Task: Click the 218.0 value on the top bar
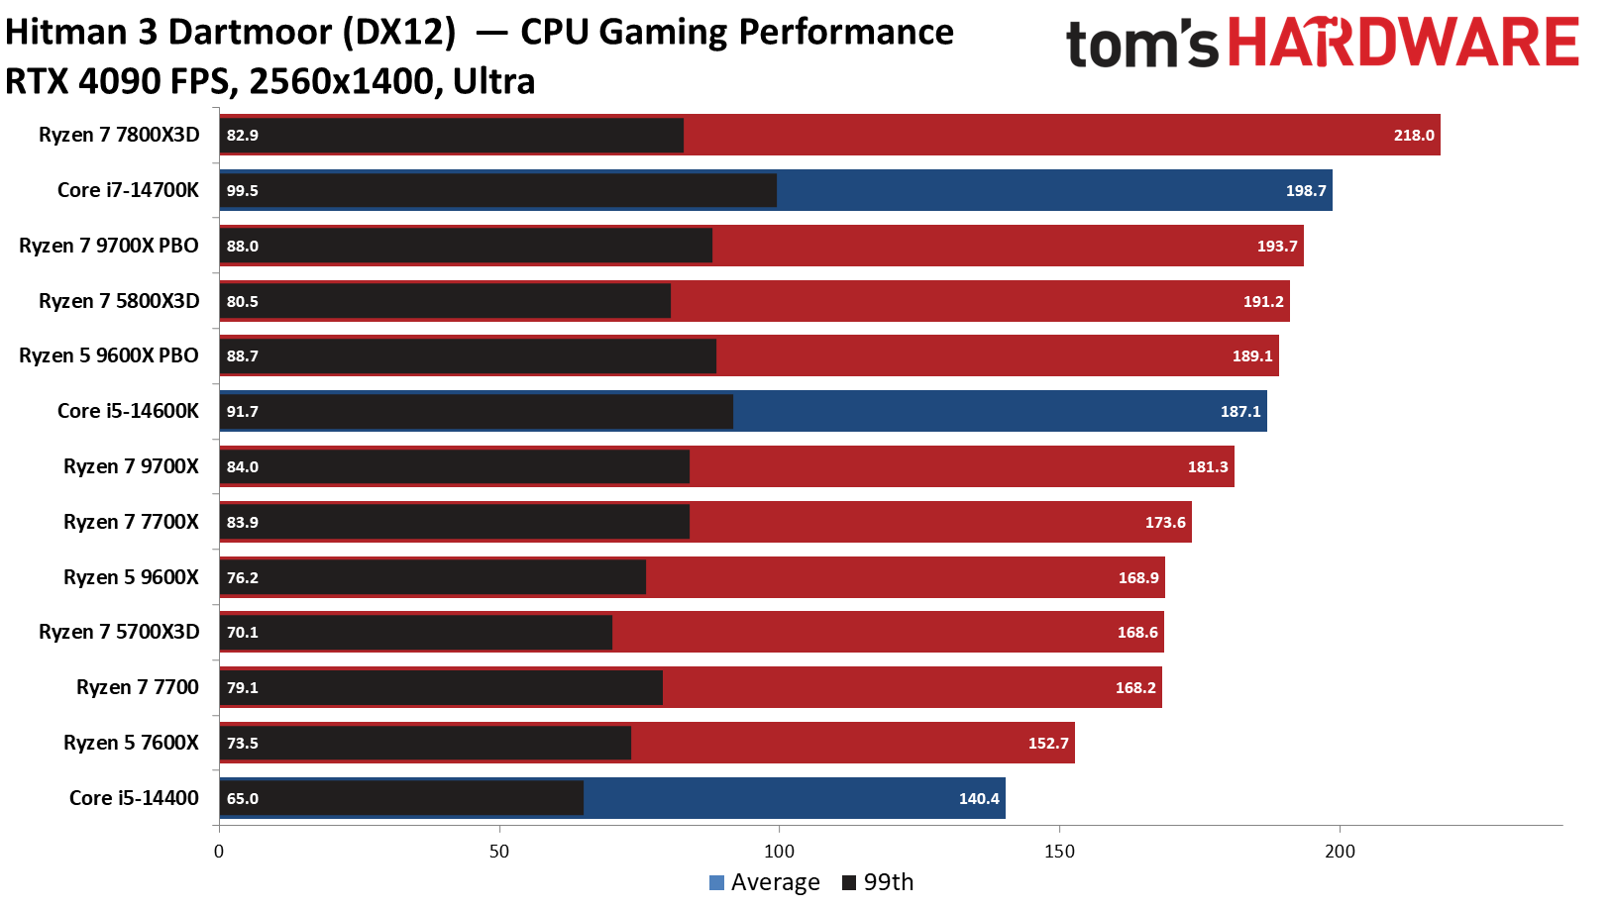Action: pyautogui.click(x=1413, y=136)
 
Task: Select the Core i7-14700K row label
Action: pyautogui.click(x=128, y=190)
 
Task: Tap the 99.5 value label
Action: pyautogui.click(x=242, y=191)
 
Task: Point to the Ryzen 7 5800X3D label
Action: pyautogui.click(x=119, y=301)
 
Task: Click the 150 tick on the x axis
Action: pyautogui.click(x=1059, y=852)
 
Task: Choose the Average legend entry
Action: pyautogui.click(x=765, y=882)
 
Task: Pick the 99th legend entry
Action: pyautogui.click(x=878, y=882)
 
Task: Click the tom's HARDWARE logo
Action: pyautogui.click(x=1322, y=45)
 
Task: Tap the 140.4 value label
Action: pyautogui.click(x=979, y=799)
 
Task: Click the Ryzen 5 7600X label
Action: pyautogui.click(x=131, y=743)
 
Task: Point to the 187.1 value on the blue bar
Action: pyautogui.click(x=1239, y=412)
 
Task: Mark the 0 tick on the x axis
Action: pyautogui.click(x=219, y=852)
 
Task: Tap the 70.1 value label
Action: pyautogui.click(x=242, y=633)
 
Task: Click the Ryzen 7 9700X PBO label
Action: pyautogui.click(x=109, y=246)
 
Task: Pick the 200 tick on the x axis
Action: pyautogui.click(x=1340, y=852)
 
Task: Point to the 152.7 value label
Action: pyautogui.click(x=1048, y=744)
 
